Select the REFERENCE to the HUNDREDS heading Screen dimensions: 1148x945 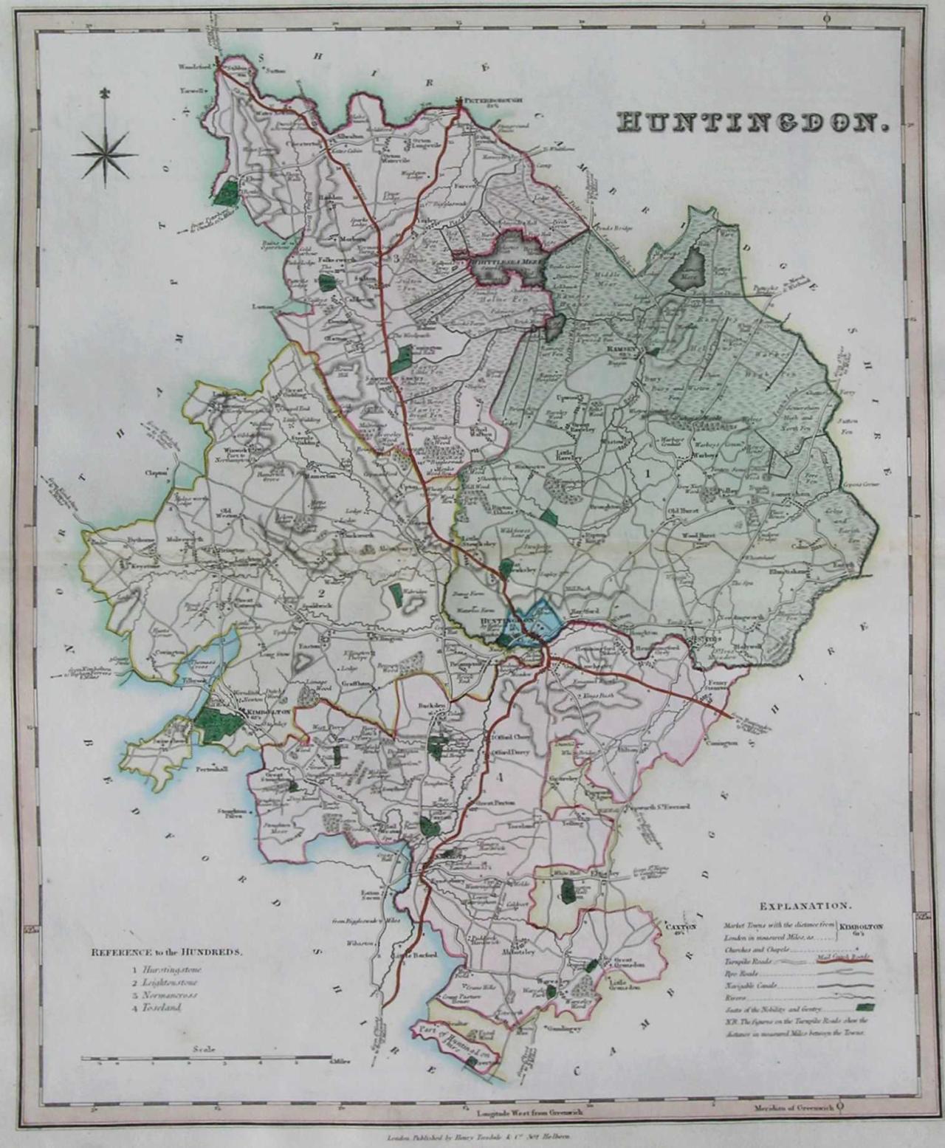(165, 952)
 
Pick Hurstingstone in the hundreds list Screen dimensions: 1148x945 (172, 969)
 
